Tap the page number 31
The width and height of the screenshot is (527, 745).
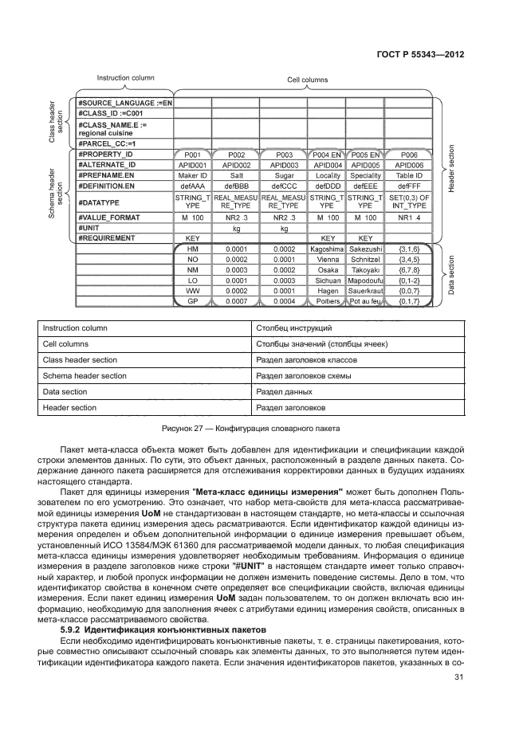coord(458,678)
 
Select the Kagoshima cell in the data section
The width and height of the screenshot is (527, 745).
coord(327,249)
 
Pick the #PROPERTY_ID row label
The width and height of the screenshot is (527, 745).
coord(106,154)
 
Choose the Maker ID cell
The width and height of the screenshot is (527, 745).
coord(193,174)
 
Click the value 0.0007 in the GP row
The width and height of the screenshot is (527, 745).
coord(237,301)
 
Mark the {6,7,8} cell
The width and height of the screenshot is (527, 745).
coord(408,270)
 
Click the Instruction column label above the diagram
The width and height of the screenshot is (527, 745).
coord(125,78)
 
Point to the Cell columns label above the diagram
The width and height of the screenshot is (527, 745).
coord(307,80)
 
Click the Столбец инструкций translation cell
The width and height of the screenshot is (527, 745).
coord(287,327)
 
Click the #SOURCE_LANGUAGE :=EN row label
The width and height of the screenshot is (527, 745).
coord(125,103)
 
